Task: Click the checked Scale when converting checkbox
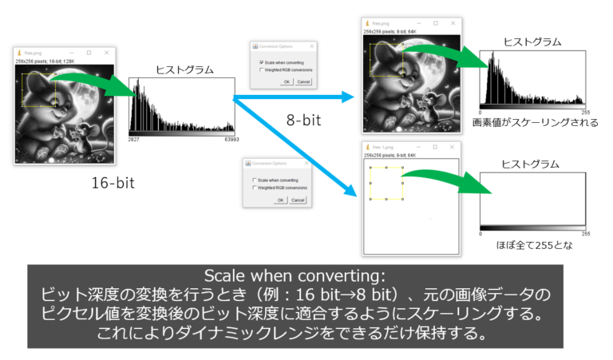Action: (x=262, y=61)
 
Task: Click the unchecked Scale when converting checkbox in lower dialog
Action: (x=254, y=180)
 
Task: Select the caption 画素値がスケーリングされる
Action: (x=536, y=123)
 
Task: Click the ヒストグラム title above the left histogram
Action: (x=184, y=69)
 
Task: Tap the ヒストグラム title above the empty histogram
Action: (x=531, y=164)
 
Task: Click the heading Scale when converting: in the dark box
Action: (x=306, y=276)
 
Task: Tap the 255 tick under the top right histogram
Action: (x=586, y=113)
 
